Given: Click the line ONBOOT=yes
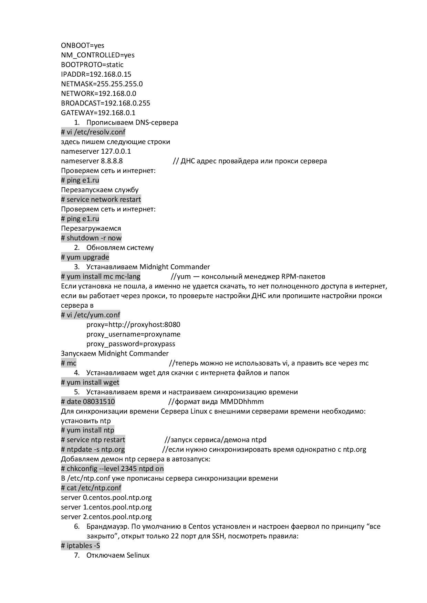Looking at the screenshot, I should click(x=82, y=45).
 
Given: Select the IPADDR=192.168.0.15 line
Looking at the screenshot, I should click(x=96, y=74).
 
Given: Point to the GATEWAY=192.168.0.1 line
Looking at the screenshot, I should click(x=98, y=113).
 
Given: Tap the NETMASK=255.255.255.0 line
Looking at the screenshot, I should click(x=102, y=84).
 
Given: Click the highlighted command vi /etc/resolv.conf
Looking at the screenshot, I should click(x=93, y=132).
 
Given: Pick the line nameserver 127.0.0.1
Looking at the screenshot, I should click(x=96, y=151).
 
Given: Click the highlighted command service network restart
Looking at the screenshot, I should click(x=101, y=199).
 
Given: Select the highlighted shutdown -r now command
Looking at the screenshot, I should click(x=91, y=238).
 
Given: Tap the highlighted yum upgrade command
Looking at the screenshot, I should click(x=85, y=257).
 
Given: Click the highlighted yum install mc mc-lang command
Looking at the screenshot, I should click(x=101, y=276).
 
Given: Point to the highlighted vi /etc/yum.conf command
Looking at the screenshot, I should click(x=91, y=315).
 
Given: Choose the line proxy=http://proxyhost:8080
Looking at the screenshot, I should click(x=133, y=325).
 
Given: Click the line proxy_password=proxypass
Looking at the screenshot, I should click(x=131, y=344).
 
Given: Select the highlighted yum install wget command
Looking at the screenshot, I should click(x=90, y=382).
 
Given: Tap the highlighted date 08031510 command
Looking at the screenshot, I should click(x=88, y=402).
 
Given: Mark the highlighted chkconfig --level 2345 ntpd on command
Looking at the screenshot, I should click(x=112, y=469).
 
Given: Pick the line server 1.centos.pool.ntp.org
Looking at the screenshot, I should click(x=106, y=507).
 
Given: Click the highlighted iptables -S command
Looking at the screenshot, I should click(x=81, y=546).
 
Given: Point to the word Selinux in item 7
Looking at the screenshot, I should click(x=138, y=555).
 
